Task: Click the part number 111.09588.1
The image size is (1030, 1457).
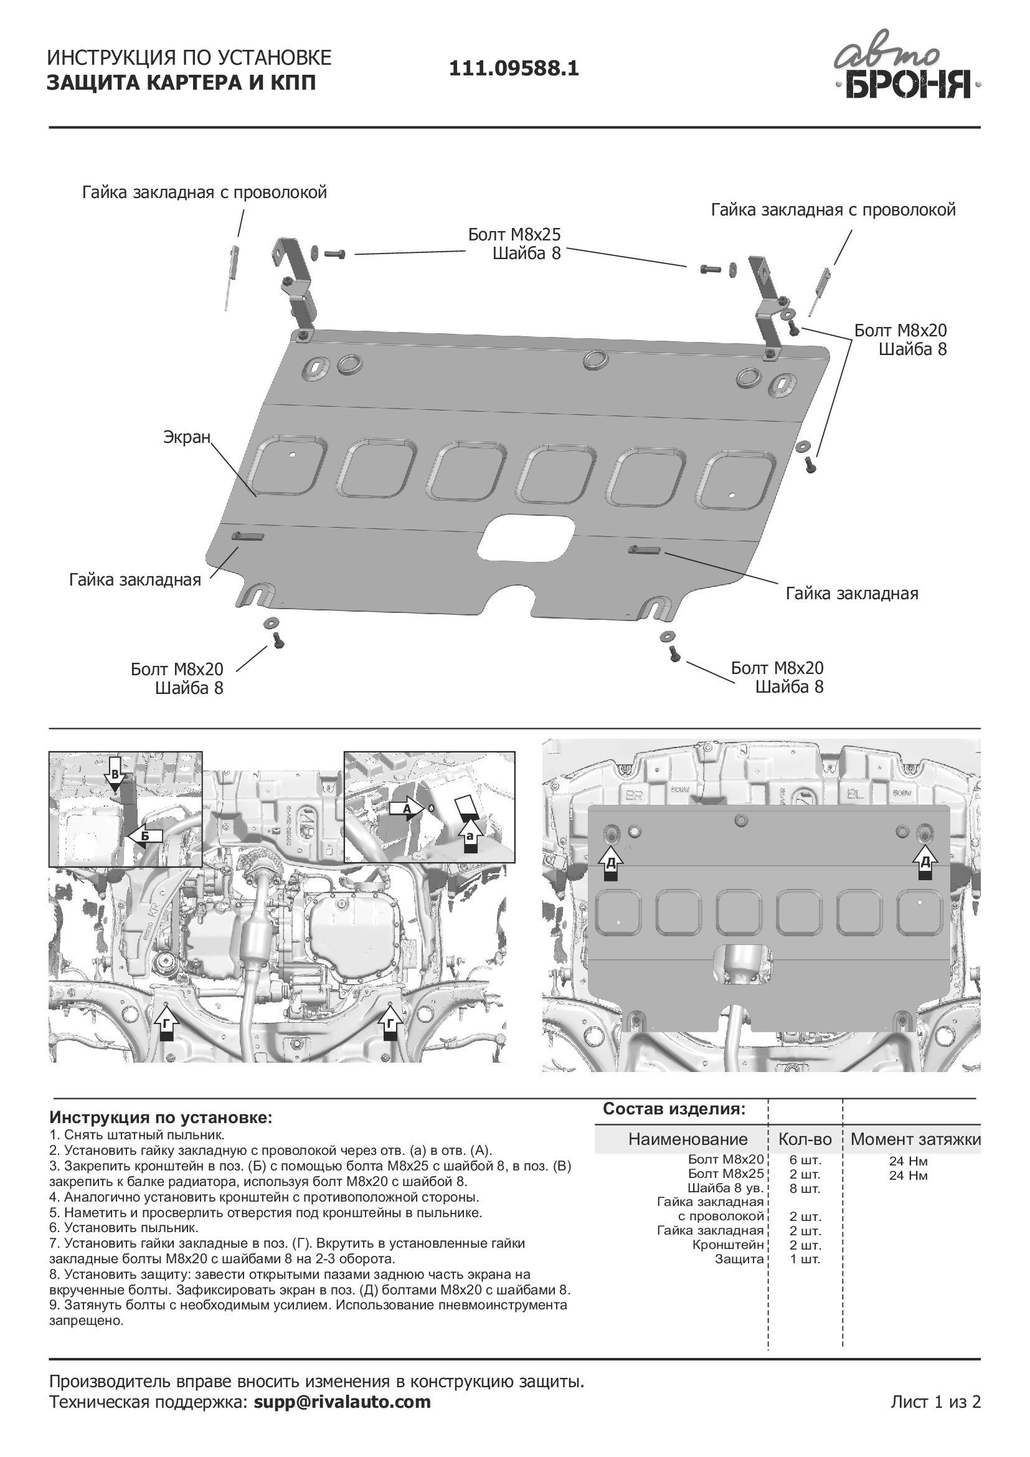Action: (x=514, y=69)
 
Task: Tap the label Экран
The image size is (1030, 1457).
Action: (x=186, y=437)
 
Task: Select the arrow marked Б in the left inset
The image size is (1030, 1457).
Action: (x=144, y=836)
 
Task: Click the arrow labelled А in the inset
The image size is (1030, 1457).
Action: (x=407, y=809)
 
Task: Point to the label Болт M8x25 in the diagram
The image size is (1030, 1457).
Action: (x=514, y=235)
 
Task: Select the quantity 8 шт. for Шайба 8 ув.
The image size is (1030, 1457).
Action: (x=805, y=1189)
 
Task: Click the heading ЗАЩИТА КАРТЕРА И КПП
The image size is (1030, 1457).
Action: (x=181, y=83)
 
